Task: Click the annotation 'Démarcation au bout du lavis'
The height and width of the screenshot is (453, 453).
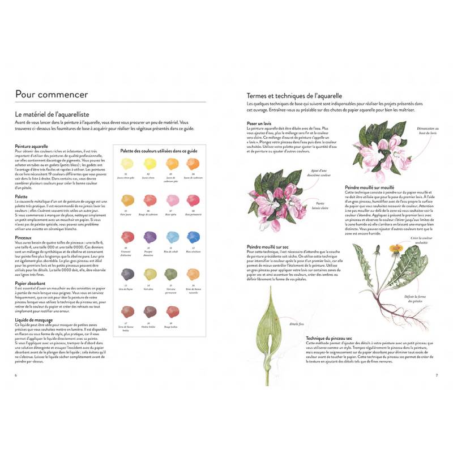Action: point(428,131)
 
